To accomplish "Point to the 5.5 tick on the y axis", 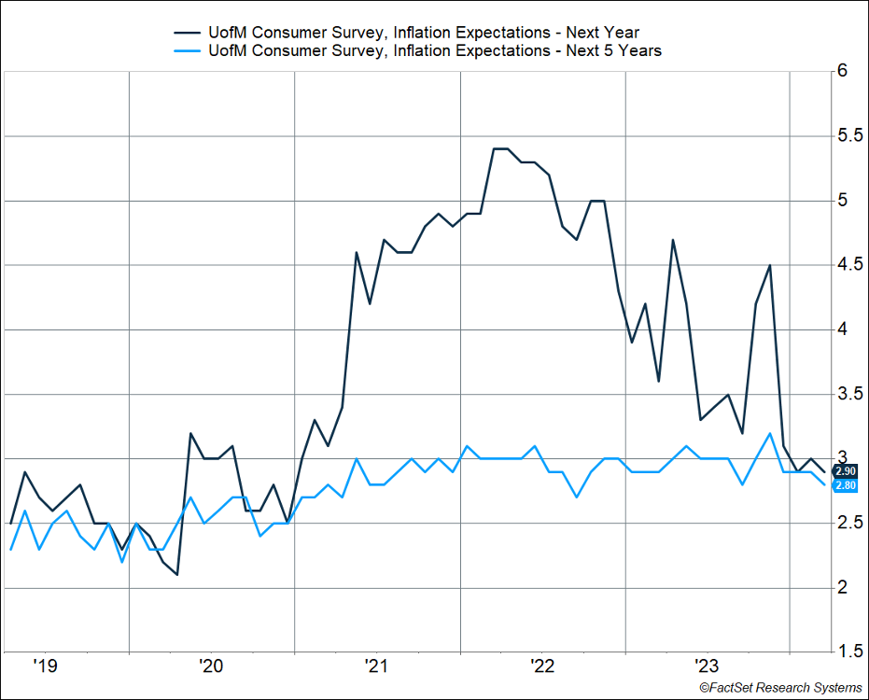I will (x=848, y=136).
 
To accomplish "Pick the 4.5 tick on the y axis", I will (x=848, y=265).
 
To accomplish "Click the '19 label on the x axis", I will (x=45, y=665).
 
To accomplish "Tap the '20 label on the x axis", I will (x=210, y=665).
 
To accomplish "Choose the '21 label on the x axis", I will (x=376, y=665).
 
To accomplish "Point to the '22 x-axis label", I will (x=542, y=665).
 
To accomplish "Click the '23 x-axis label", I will (x=708, y=665).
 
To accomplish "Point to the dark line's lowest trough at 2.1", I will (x=176, y=574).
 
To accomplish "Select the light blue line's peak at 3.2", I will (x=769, y=433).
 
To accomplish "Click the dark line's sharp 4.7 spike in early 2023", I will (x=672, y=240).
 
